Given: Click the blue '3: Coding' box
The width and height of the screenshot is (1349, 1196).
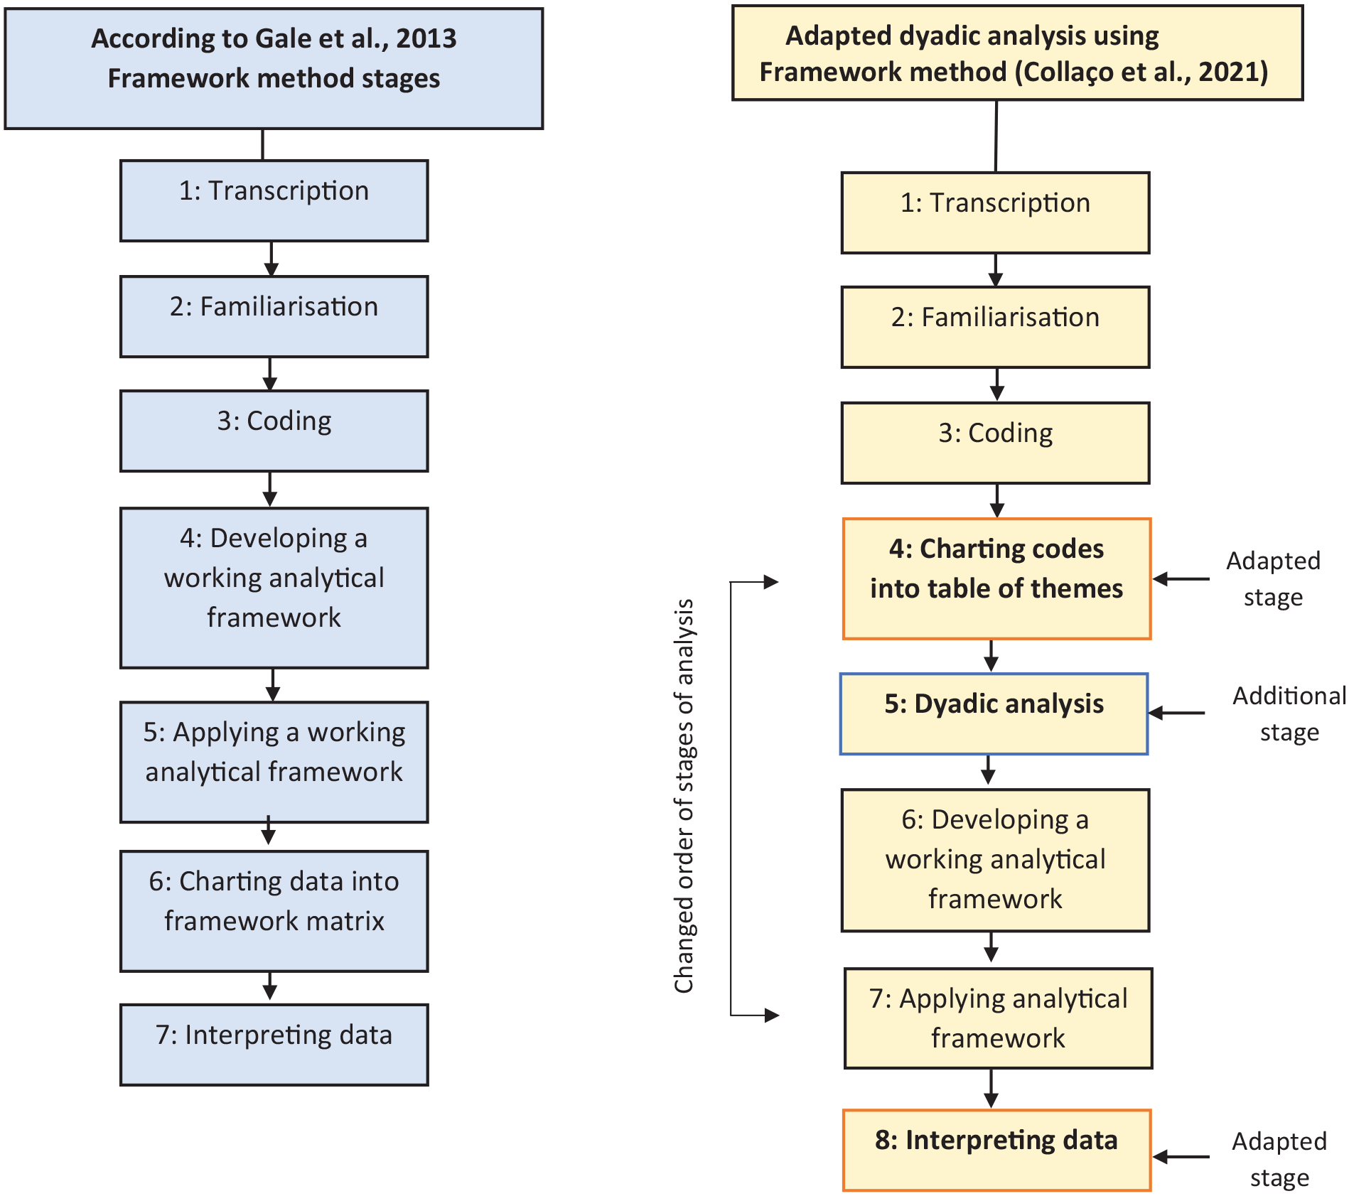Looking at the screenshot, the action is click(x=274, y=431).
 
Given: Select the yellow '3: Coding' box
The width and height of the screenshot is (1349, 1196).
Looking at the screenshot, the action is click(x=995, y=443).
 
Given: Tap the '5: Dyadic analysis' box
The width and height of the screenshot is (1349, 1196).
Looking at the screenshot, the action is click(x=994, y=713).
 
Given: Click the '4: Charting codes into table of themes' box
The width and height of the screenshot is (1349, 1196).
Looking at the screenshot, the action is click(x=996, y=578).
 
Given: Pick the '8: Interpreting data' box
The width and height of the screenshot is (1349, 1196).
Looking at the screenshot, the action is click(x=996, y=1150).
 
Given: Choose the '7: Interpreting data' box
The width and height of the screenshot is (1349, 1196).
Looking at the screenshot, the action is click(x=274, y=1044).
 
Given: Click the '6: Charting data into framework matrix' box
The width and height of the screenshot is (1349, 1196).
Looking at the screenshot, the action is click(x=274, y=910).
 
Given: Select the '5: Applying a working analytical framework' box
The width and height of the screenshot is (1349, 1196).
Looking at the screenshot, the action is click(x=274, y=762).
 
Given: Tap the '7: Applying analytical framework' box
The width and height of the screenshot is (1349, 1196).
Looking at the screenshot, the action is click(x=998, y=1018).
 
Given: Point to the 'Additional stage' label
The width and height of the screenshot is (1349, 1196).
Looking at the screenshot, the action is click(x=1289, y=713).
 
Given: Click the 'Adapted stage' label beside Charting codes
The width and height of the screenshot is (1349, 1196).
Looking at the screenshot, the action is click(x=1273, y=578).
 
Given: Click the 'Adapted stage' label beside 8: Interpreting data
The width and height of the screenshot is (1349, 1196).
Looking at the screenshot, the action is click(x=1279, y=1159).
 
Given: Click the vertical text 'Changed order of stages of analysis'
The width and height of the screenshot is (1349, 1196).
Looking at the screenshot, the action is click(x=684, y=795).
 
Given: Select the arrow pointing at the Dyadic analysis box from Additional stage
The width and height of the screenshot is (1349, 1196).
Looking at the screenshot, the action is click(x=1176, y=713).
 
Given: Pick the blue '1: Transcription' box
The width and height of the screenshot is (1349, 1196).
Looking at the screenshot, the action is click(x=274, y=200).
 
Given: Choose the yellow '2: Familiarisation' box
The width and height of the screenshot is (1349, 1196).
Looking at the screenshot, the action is click(x=995, y=327).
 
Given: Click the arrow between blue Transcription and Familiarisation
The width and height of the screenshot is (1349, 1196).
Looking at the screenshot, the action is click(x=271, y=259).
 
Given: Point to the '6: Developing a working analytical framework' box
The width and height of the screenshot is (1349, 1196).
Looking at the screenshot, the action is click(x=995, y=860).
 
